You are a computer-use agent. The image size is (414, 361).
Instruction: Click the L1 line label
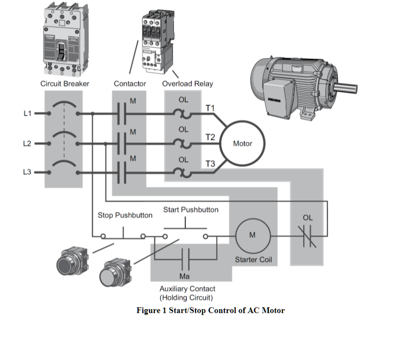coord(27,114)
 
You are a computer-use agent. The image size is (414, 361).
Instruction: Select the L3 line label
coord(27,172)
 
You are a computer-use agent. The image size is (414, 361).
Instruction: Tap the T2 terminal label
coord(210,137)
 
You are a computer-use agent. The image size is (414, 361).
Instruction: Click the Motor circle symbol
coord(242,143)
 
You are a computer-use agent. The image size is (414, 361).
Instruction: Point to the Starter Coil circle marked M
coord(253,235)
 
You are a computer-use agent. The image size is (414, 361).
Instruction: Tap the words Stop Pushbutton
coord(125,215)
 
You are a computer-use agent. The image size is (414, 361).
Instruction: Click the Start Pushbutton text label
coord(191,210)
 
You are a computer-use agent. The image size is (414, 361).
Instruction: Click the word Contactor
coord(130,84)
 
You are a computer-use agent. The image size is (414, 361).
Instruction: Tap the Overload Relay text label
coord(187,84)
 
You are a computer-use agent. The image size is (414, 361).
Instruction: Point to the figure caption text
coord(210,310)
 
